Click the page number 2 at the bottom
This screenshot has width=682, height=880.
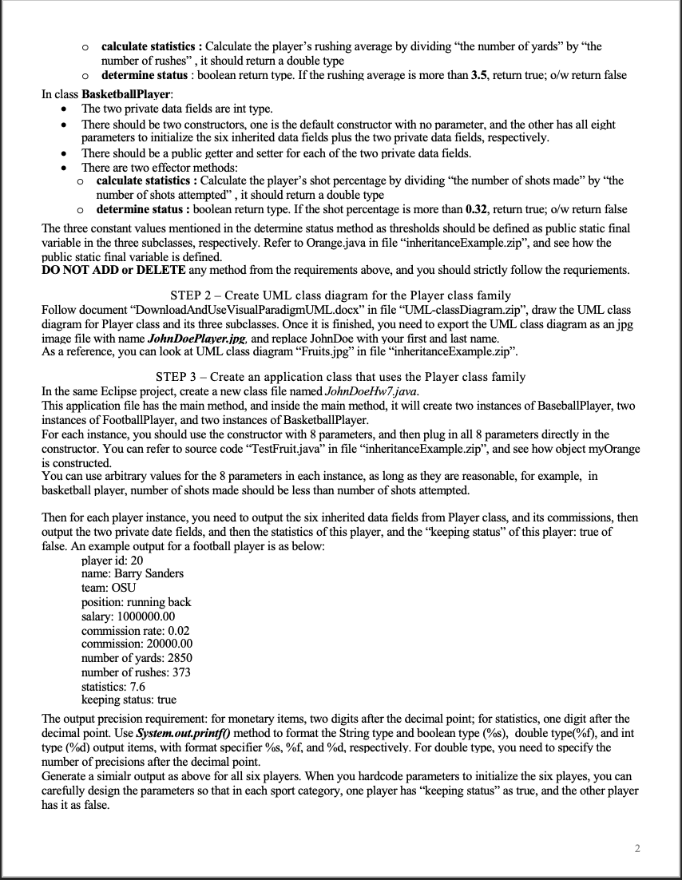click(637, 847)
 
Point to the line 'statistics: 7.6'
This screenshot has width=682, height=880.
click(113, 685)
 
